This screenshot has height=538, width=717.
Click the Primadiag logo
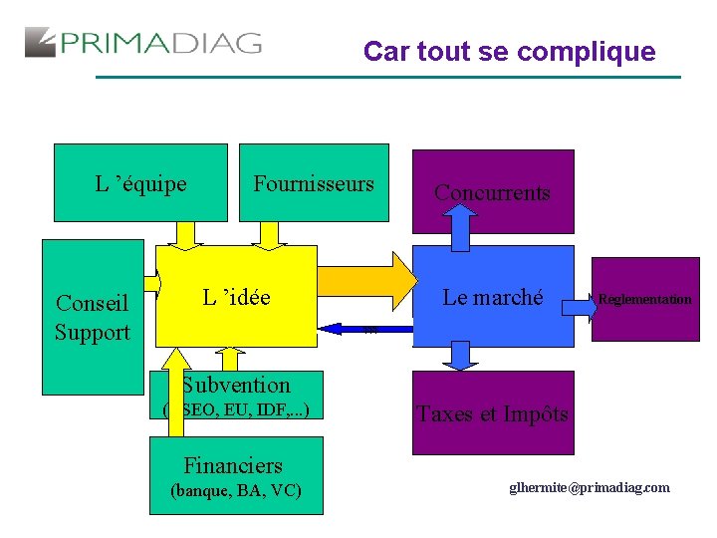143,43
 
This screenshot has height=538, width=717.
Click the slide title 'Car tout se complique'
509,51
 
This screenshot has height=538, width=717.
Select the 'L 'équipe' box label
140,183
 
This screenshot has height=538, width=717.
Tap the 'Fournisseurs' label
314,183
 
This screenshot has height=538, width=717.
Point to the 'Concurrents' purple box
492,192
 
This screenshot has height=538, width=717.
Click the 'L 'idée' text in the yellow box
236,297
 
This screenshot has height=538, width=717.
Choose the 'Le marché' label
493,297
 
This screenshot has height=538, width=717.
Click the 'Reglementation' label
644,299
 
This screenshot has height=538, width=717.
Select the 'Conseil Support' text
93,318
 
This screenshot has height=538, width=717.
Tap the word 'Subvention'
236,386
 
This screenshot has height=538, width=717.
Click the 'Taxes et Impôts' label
493,413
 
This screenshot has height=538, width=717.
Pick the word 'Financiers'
233,465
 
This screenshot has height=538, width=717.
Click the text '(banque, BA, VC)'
236,490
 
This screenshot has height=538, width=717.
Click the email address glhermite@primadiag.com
590,487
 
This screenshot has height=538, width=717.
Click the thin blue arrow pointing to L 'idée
364,328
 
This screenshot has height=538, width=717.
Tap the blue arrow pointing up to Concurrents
461,227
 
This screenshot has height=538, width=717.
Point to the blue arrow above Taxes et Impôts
460,356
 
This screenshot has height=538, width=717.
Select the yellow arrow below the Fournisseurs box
268,233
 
